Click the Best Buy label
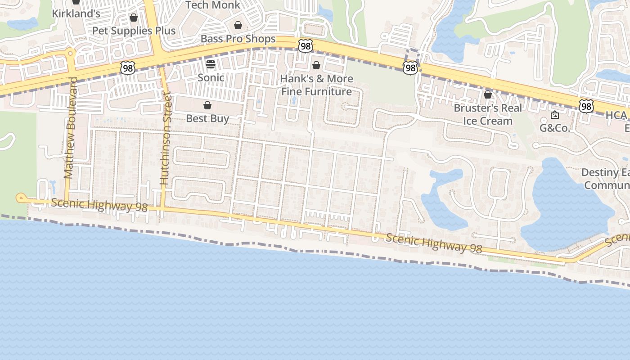pyautogui.click(x=207, y=119)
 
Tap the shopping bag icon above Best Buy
pyautogui.click(x=207, y=106)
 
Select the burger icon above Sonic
pyautogui.click(x=211, y=64)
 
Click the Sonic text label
pyautogui.click(x=211, y=77)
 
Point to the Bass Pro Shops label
pyautogui.click(x=238, y=39)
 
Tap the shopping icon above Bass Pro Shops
pyautogui.click(x=238, y=25)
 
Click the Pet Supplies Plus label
pyautogui.click(x=134, y=31)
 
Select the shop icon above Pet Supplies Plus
pyautogui.click(x=134, y=18)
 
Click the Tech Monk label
pyautogui.click(x=213, y=5)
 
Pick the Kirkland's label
pyautogui.click(x=76, y=13)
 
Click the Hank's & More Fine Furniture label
pyautogui.click(x=316, y=85)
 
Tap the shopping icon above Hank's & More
pyautogui.click(x=316, y=65)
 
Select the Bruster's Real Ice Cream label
pyautogui.click(x=488, y=114)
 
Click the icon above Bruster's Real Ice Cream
pyautogui.click(x=488, y=94)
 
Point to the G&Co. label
pyautogui.click(x=554, y=128)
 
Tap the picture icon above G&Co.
pyautogui.click(x=554, y=115)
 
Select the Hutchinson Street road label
pyautogui.click(x=166, y=139)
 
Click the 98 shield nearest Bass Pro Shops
pyautogui.click(x=305, y=45)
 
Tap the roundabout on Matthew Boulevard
pyautogui.click(x=70, y=54)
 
